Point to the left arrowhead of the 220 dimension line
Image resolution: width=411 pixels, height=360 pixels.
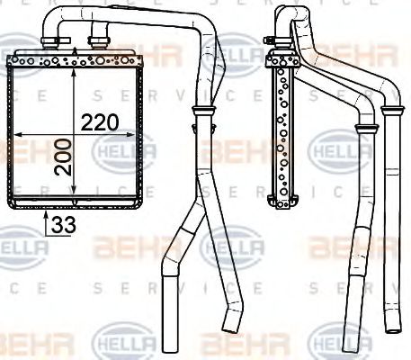[x=15, y=134]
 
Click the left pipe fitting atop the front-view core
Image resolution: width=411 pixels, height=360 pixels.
[x=60, y=41]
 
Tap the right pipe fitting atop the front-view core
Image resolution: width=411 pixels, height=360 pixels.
[x=98, y=41]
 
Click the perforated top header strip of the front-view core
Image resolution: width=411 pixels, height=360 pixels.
[x=76, y=62]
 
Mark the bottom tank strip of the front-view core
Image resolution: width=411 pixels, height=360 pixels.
[x=76, y=201]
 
